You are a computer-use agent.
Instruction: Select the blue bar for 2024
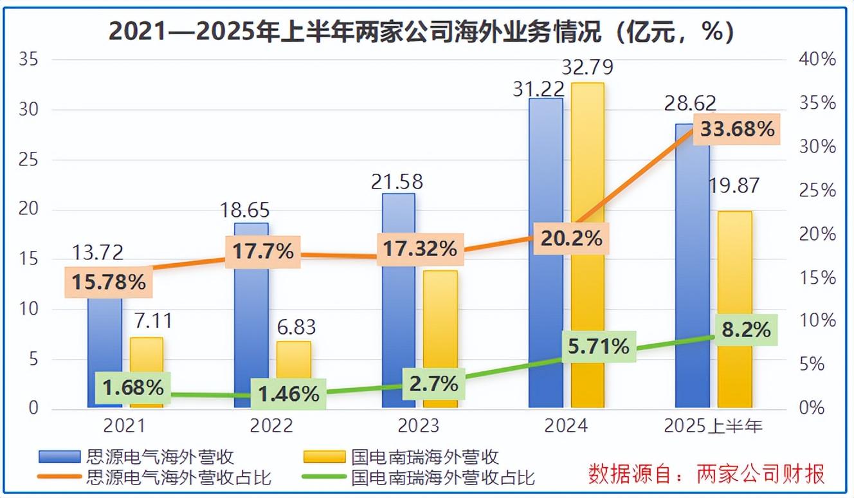[x=545, y=257]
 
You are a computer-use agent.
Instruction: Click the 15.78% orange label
[x=109, y=282]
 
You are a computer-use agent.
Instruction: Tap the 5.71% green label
[x=599, y=347]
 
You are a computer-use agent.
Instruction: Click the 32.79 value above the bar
[x=587, y=67]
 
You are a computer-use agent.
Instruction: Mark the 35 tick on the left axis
[x=30, y=60]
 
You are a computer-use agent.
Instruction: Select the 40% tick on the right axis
[x=817, y=60]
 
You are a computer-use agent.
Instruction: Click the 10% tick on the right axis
[x=817, y=320]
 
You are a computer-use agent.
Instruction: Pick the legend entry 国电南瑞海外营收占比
[x=443, y=478]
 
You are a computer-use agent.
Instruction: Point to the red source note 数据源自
[x=707, y=474]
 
